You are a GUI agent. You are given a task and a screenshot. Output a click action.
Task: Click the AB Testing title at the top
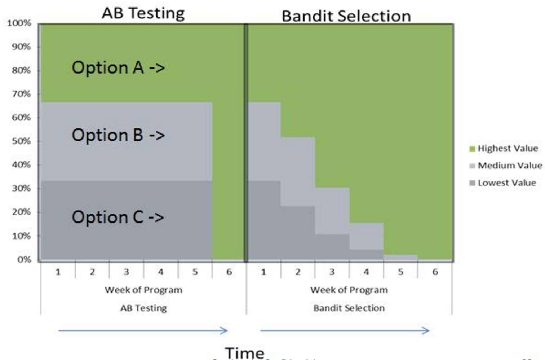(143, 13)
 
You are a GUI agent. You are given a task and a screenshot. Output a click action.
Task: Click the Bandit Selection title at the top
(346, 16)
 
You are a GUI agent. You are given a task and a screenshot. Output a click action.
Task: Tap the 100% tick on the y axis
(19, 23)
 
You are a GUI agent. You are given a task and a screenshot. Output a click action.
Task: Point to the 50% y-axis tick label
(21, 141)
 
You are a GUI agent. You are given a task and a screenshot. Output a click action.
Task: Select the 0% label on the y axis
(24, 259)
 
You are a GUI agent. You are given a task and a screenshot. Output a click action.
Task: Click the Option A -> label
(118, 67)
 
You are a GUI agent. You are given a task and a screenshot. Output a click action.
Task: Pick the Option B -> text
(118, 135)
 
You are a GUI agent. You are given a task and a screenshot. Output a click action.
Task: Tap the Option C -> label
(118, 217)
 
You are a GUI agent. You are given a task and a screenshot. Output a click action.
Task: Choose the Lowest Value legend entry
(503, 183)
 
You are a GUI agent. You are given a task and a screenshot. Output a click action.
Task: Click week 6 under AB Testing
(229, 272)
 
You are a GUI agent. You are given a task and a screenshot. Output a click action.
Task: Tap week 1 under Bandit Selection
(263, 272)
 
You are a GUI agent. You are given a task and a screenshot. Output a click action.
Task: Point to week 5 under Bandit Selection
(400, 272)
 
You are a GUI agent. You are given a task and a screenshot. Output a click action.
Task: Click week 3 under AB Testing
(126, 272)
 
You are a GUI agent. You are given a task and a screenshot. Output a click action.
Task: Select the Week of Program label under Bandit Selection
(349, 290)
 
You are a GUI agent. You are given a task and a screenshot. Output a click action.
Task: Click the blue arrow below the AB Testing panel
(143, 330)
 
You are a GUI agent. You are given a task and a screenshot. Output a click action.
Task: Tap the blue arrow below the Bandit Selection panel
(345, 330)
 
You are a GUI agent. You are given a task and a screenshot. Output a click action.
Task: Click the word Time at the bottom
(245, 352)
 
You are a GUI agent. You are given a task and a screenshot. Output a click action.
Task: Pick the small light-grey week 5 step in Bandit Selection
(400, 257)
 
